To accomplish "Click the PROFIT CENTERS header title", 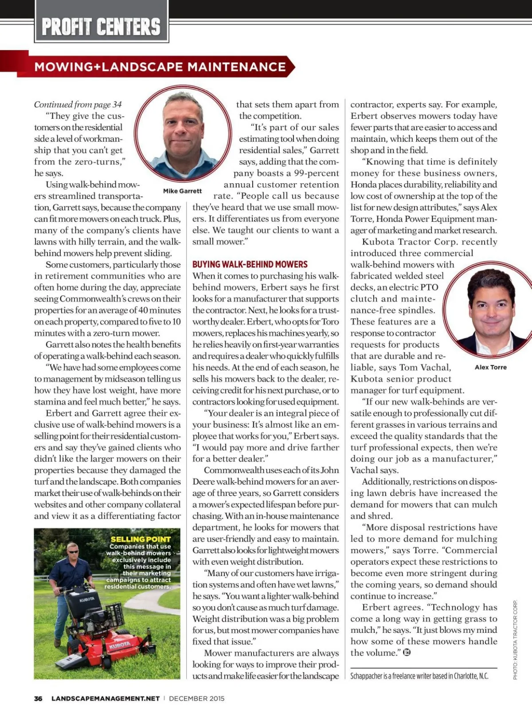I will [x=101, y=27].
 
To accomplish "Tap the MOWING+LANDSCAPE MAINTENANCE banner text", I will [x=160, y=67].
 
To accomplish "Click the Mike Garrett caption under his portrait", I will [x=182, y=191].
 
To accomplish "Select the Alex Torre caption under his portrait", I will [x=490, y=367].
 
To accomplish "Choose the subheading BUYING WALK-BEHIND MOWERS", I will [x=250, y=264].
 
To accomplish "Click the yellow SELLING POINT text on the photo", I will [x=141, y=539].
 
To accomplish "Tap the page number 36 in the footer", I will [x=38, y=698].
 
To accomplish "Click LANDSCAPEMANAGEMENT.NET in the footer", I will [x=106, y=698].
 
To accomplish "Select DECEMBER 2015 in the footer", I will [x=196, y=698].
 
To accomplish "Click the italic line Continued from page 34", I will [x=78, y=105].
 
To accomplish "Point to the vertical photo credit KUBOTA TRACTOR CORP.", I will [x=515, y=639].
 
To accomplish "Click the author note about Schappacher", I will [x=419, y=676].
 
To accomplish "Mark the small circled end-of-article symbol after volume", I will [x=407, y=652].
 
